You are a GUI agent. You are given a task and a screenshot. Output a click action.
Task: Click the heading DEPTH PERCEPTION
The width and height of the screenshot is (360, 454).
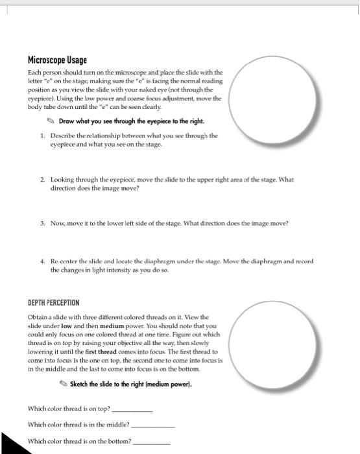(53, 302)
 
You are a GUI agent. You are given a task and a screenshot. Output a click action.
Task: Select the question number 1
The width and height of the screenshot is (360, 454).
(42, 136)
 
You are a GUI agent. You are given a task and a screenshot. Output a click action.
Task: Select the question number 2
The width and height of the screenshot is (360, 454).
(42, 179)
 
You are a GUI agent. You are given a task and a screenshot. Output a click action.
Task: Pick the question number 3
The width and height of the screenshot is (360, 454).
(42, 223)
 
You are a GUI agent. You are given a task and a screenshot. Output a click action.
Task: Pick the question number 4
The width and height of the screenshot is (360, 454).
(42, 262)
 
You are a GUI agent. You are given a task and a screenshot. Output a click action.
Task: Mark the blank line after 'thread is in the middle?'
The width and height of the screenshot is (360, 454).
(153, 426)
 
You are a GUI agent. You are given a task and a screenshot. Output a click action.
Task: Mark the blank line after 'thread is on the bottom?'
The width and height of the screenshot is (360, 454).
(151, 442)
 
